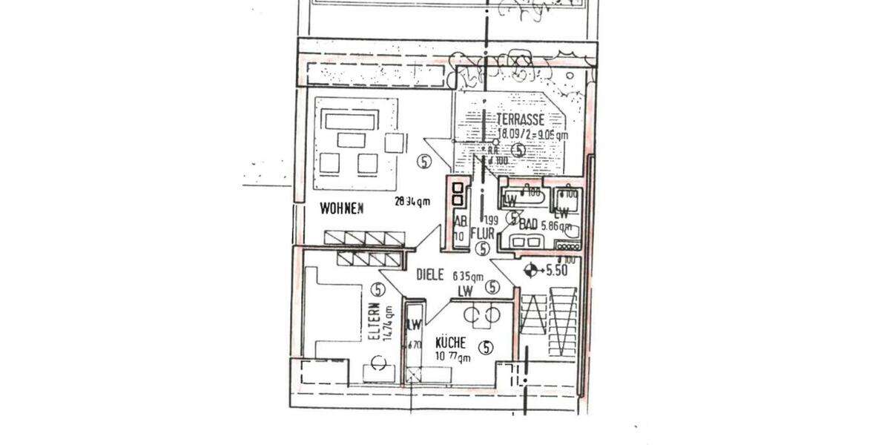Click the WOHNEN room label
(341, 209)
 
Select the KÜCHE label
(450, 343)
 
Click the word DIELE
(429, 274)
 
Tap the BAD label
(528, 225)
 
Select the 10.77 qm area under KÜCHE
(452, 357)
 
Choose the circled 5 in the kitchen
(486, 346)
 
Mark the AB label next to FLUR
(459, 222)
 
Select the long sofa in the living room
(352, 120)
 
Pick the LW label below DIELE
(465, 291)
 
